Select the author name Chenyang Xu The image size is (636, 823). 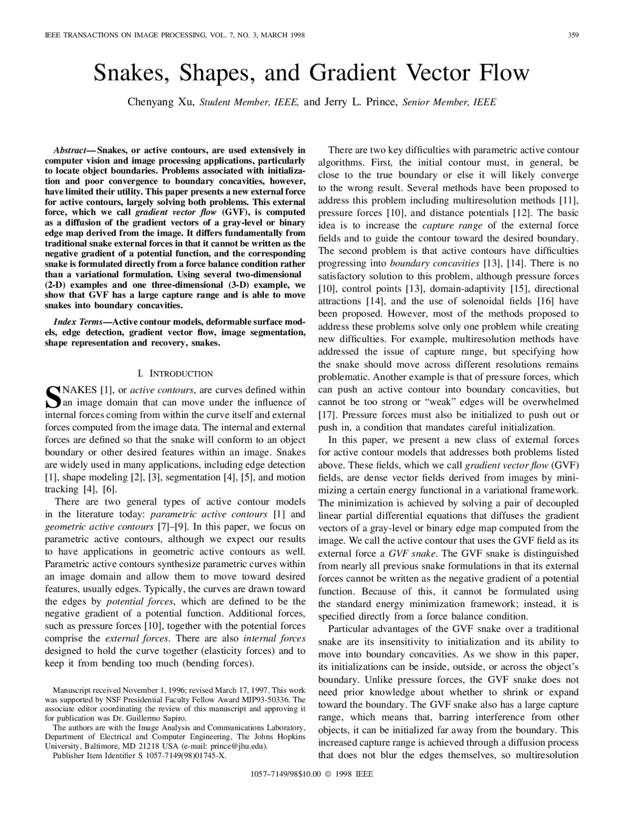tap(162, 102)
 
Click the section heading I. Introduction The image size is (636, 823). tap(174, 374)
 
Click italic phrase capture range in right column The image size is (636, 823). tap(452, 226)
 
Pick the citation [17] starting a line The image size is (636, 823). tap(326, 414)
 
